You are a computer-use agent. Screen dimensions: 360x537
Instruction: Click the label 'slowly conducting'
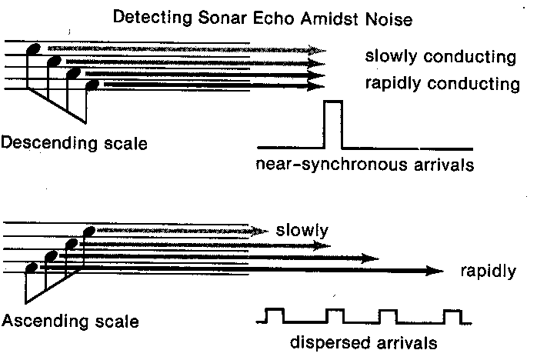click(440, 58)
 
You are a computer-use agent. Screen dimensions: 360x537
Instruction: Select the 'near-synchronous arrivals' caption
click(363, 164)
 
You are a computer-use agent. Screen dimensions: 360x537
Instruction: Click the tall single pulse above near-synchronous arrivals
click(333, 123)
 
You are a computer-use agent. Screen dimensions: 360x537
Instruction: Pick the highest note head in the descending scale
click(34, 49)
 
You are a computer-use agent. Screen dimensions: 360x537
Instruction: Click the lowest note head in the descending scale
click(92, 85)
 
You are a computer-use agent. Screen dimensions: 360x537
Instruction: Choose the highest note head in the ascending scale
click(88, 231)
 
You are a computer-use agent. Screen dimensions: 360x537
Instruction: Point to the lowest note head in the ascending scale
click(32, 268)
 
